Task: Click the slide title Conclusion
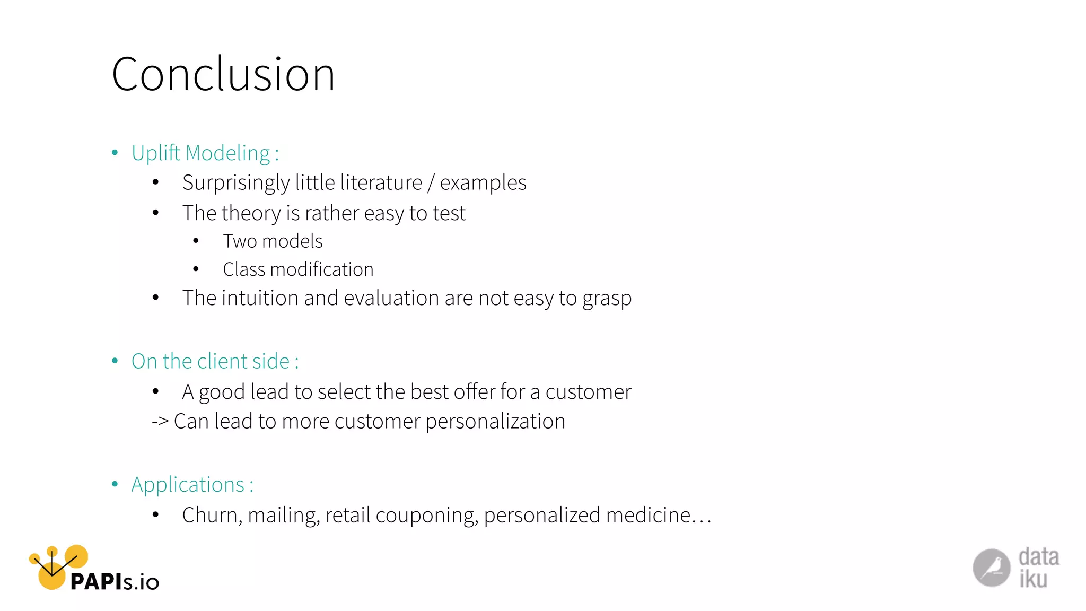(223, 74)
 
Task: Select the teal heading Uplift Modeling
(202, 153)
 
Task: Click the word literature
(381, 182)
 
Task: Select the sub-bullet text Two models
(273, 241)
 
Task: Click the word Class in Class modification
(243, 269)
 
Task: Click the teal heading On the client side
(211, 361)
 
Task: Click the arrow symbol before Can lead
(160, 422)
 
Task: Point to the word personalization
(495, 422)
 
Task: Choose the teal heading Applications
(188, 485)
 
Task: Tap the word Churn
(212, 516)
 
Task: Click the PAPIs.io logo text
(115, 582)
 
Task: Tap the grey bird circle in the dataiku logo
(991, 568)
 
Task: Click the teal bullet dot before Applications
(115, 484)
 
